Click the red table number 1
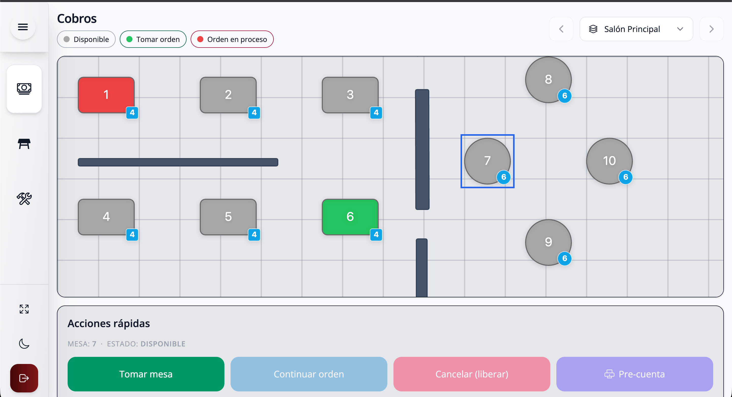[106, 95]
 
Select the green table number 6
[350, 217]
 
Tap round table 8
[548, 80]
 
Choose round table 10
[609, 161]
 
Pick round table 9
[548, 242]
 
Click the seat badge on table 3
[376, 113]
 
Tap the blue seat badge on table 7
[504, 177]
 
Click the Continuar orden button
[309, 374]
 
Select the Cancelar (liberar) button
[472, 374]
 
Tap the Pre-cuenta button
[635, 374]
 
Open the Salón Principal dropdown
[636, 29]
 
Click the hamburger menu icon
[23, 27]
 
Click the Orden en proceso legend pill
[232, 39]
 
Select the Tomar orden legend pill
[153, 39]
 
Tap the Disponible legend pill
[86, 39]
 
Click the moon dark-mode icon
[24, 343]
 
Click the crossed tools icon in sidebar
[24, 199]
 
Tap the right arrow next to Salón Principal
[711, 29]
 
